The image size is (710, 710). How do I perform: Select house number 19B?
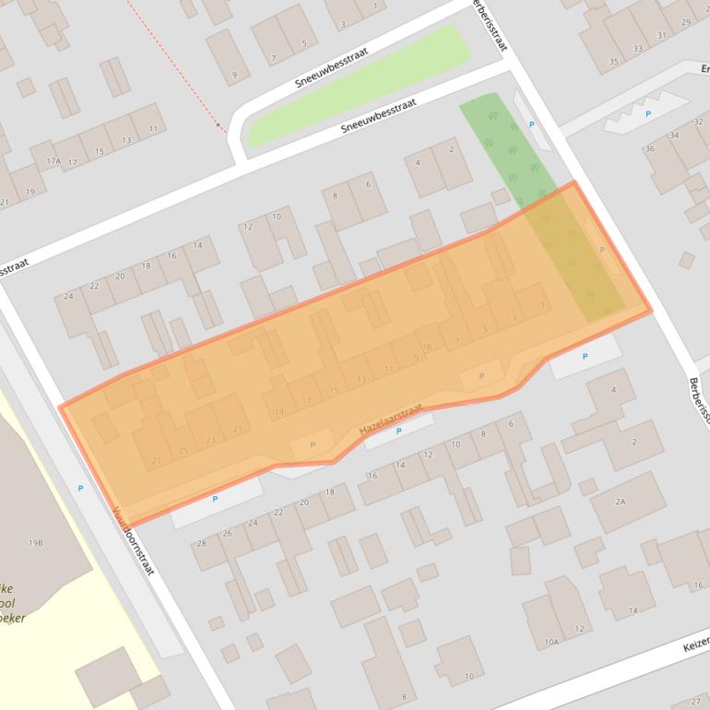(x=36, y=543)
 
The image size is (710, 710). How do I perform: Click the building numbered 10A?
(x=551, y=642)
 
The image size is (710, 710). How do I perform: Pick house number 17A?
(x=53, y=161)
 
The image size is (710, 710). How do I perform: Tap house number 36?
(x=650, y=148)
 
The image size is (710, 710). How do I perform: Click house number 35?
(x=613, y=63)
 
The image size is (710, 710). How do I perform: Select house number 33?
(x=638, y=49)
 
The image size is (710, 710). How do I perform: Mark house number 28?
(x=201, y=543)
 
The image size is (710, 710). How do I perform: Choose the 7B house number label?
(x=426, y=348)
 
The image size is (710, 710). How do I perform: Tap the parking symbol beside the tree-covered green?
(x=530, y=124)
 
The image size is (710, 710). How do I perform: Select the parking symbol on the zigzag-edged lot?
(x=647, y=114)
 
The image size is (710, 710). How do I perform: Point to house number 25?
(x=183, y=450)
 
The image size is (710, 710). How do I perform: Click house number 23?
(x=211, y=440)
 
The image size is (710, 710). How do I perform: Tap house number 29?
(x=685, y=23)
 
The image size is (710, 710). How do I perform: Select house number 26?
(x=227, y=533)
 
